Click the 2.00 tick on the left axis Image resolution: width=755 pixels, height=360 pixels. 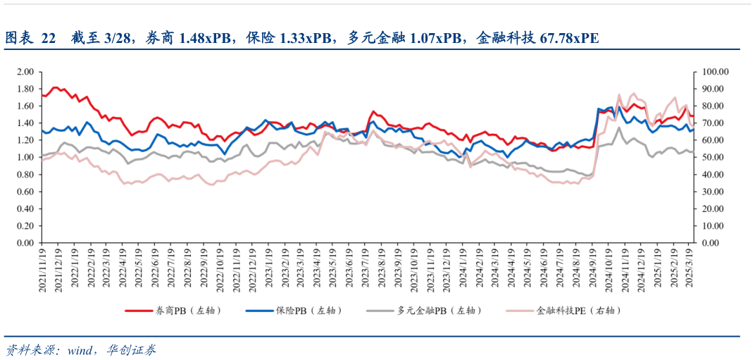[25, 72]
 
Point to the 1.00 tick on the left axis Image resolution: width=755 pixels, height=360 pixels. [25, 157]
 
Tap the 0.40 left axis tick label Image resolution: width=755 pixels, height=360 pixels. [25, 209]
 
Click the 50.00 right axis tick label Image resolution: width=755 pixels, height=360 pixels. [708, 157]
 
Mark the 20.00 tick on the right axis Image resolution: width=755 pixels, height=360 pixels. [708, 209]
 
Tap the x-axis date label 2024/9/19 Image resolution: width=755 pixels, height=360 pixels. [593, 271]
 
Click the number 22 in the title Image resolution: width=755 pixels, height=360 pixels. [47, 38]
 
